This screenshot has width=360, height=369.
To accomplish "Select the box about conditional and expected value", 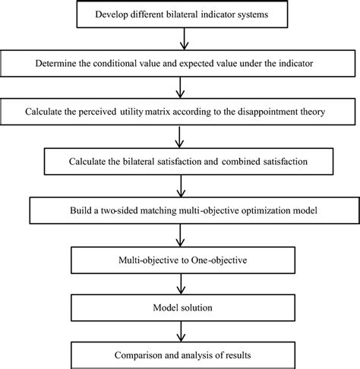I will (179, 65).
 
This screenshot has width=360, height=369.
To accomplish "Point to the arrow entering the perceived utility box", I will (179, 87).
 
